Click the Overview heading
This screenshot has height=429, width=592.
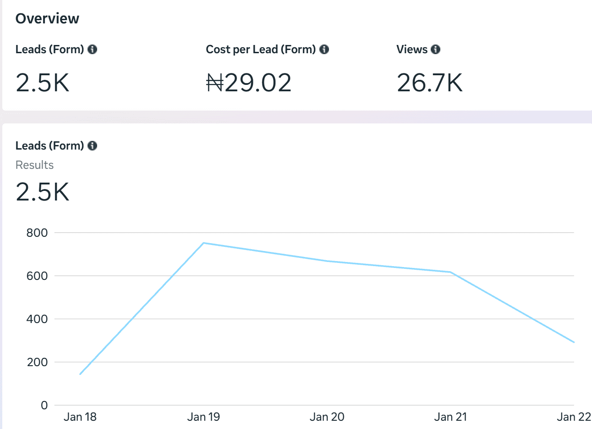coord(47,19)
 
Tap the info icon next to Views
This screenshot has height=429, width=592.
coord(436,50)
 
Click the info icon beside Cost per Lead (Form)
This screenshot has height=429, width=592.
coord(324,50)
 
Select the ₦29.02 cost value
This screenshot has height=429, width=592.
coord(249,83)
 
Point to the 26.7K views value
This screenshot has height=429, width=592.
coord(430,83)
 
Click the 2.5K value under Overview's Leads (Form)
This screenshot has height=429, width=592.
coord(43,83)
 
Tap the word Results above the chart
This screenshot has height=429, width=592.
coord(34,165)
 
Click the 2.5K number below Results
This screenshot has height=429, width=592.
coord(43,192)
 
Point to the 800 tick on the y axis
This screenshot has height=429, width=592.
coord(37,233)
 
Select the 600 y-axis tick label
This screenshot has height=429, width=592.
coord(37,276)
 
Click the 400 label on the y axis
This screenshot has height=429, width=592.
coord(37,319)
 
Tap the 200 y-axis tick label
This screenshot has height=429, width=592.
coord(37,362)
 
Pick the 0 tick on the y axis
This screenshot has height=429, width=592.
coord(44,406)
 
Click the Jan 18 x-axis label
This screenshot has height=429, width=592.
coord(80,417)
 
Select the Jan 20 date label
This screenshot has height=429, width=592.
coord(327,417)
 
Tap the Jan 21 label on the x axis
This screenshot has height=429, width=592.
coord(450,417)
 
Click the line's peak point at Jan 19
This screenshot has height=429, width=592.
coord(203,243)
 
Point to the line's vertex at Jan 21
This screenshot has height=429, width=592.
coord(451,272)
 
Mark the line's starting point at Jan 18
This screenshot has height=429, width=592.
coord(80,374)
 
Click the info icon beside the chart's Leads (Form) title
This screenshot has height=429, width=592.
coord(93,146)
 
